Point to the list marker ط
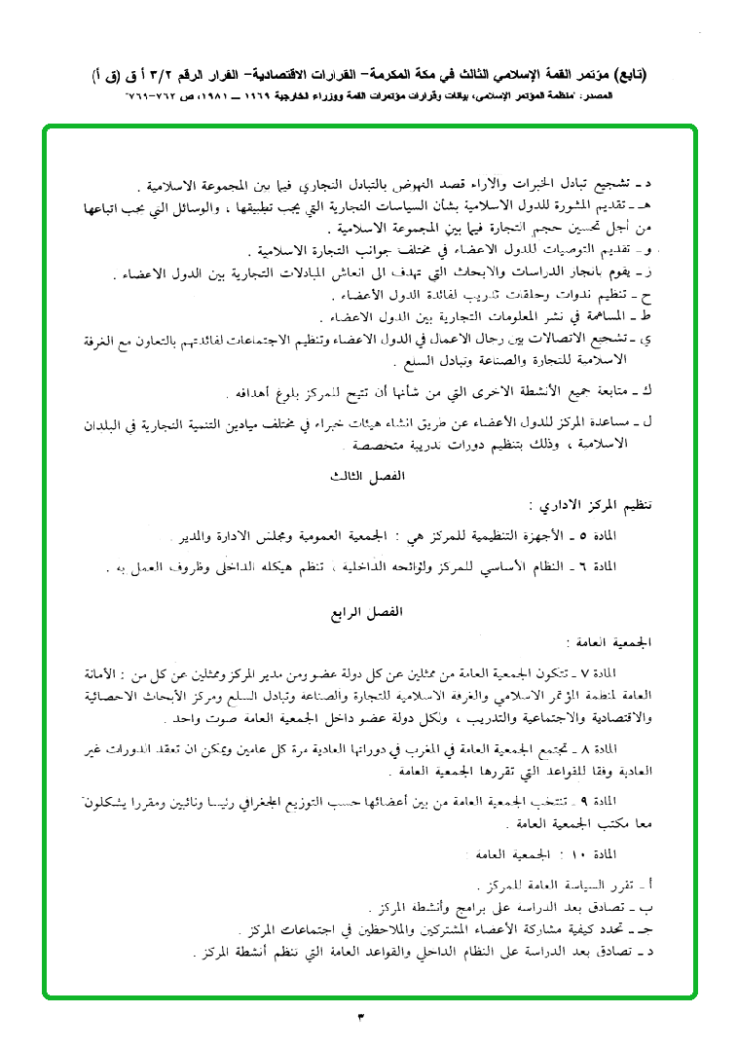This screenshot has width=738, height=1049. [646, 318]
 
